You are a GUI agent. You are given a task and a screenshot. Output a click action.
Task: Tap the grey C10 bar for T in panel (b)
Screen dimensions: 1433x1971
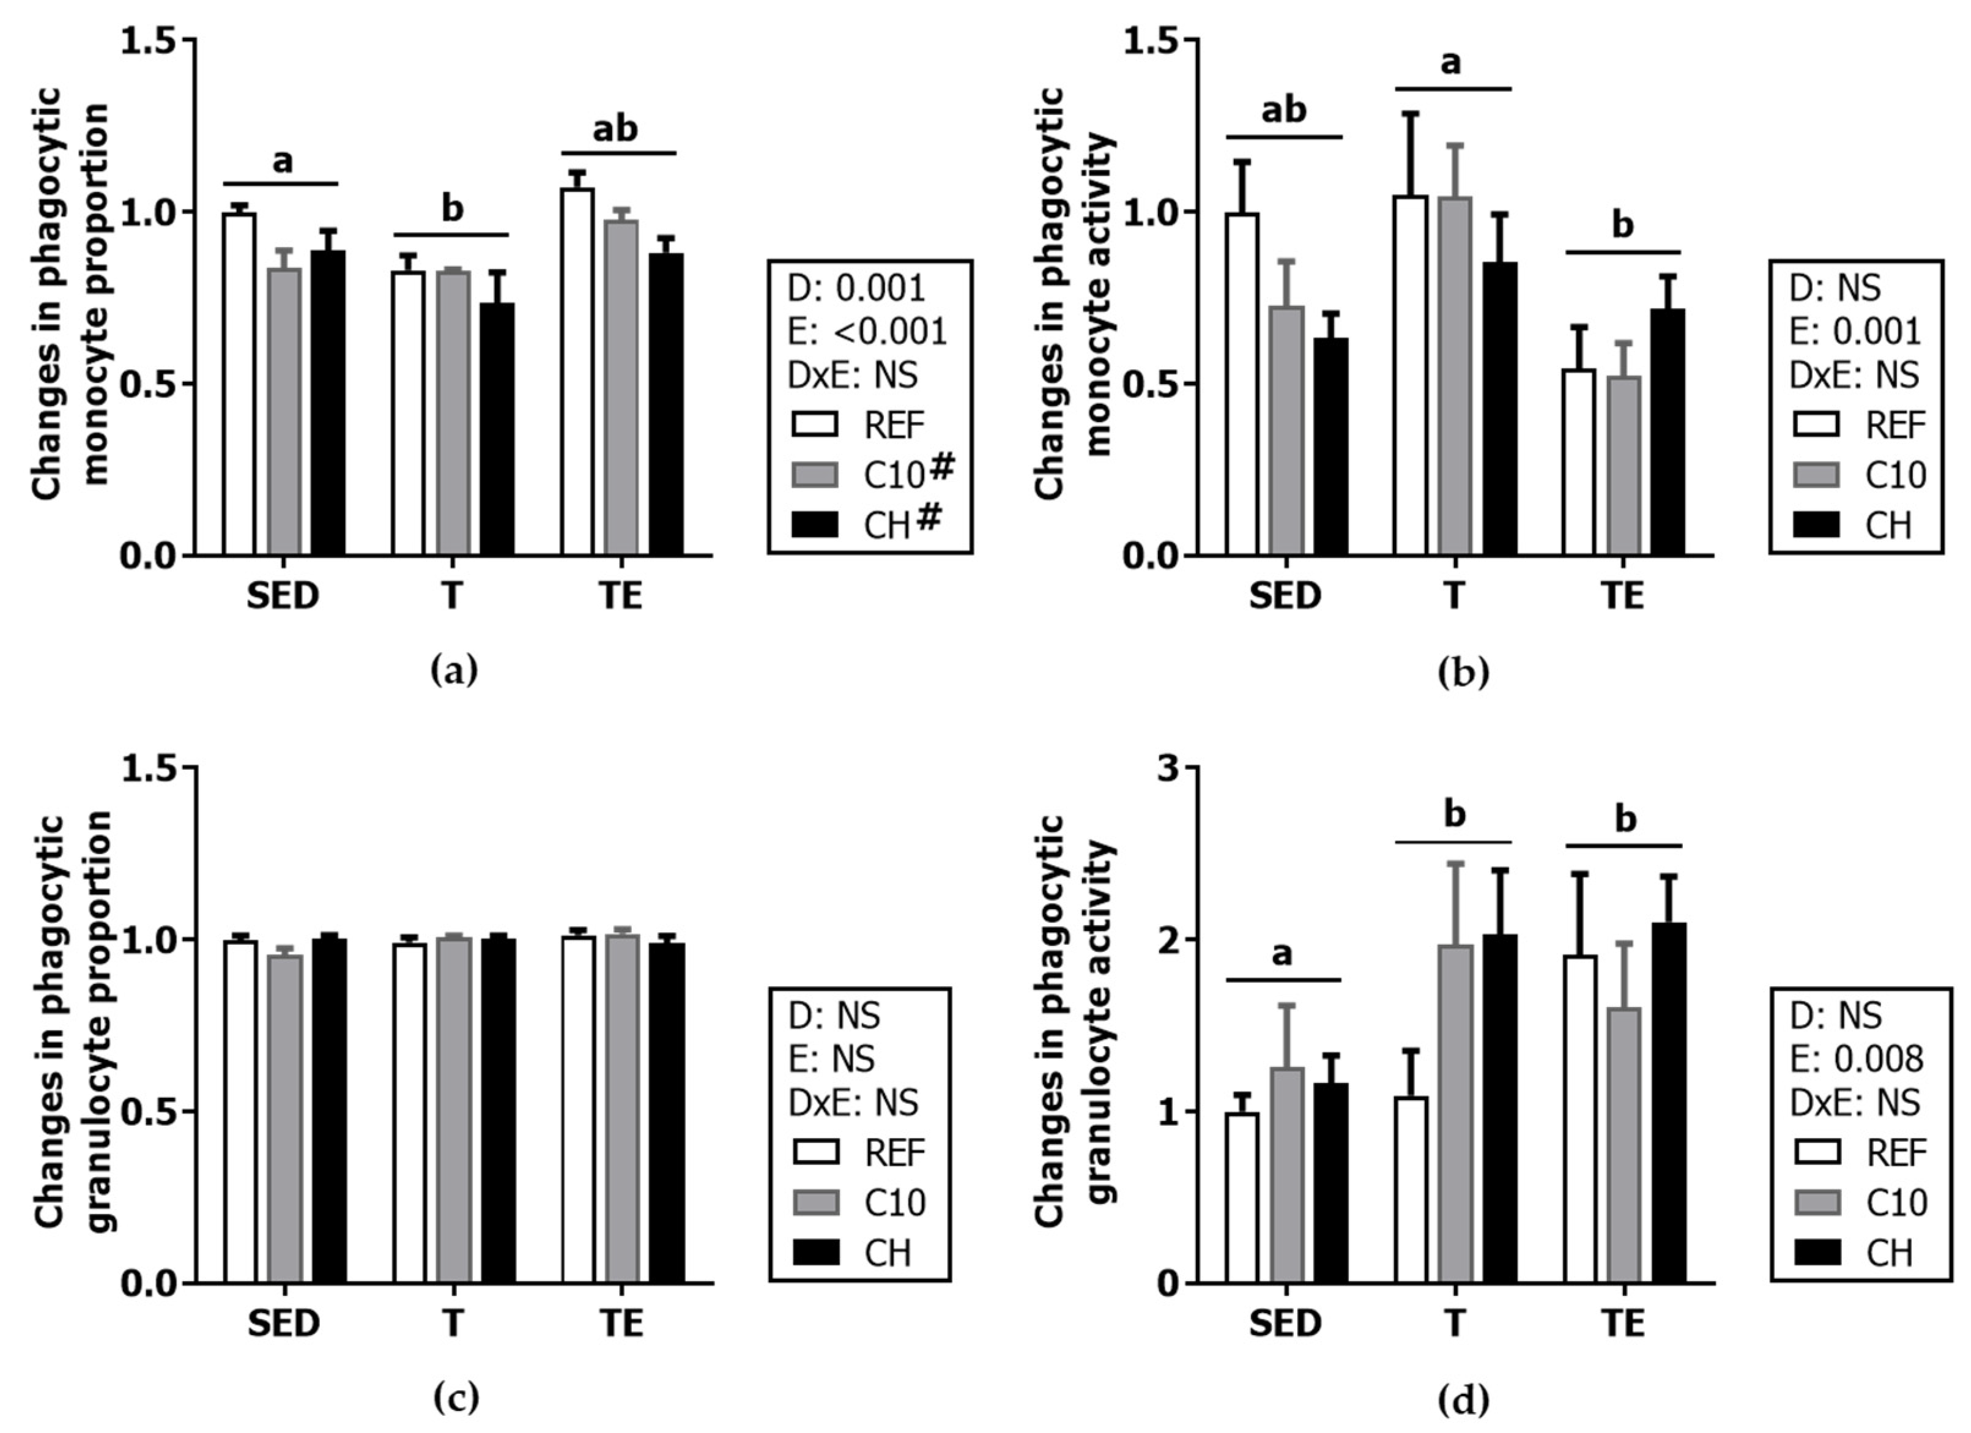click(x=1455, y=376)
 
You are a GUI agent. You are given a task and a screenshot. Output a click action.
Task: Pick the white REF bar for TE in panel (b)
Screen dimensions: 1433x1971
click(x=1579, y=463)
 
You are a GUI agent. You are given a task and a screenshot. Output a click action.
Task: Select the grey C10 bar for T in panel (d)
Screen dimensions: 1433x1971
click(x=1455, y=1114)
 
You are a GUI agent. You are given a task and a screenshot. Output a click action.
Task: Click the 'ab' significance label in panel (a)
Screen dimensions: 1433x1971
click(x=615, y=128)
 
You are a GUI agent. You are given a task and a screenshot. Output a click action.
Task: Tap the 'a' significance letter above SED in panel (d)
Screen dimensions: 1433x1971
click(x=1282, y=954)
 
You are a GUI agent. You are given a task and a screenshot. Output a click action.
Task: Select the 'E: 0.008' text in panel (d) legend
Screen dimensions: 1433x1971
click(x=1855, y=1059)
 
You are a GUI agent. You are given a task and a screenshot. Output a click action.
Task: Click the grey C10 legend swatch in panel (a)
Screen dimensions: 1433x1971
click(x=815, y=474)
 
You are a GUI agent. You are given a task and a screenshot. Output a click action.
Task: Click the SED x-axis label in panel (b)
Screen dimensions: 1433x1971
click(x=1285, y=596)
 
